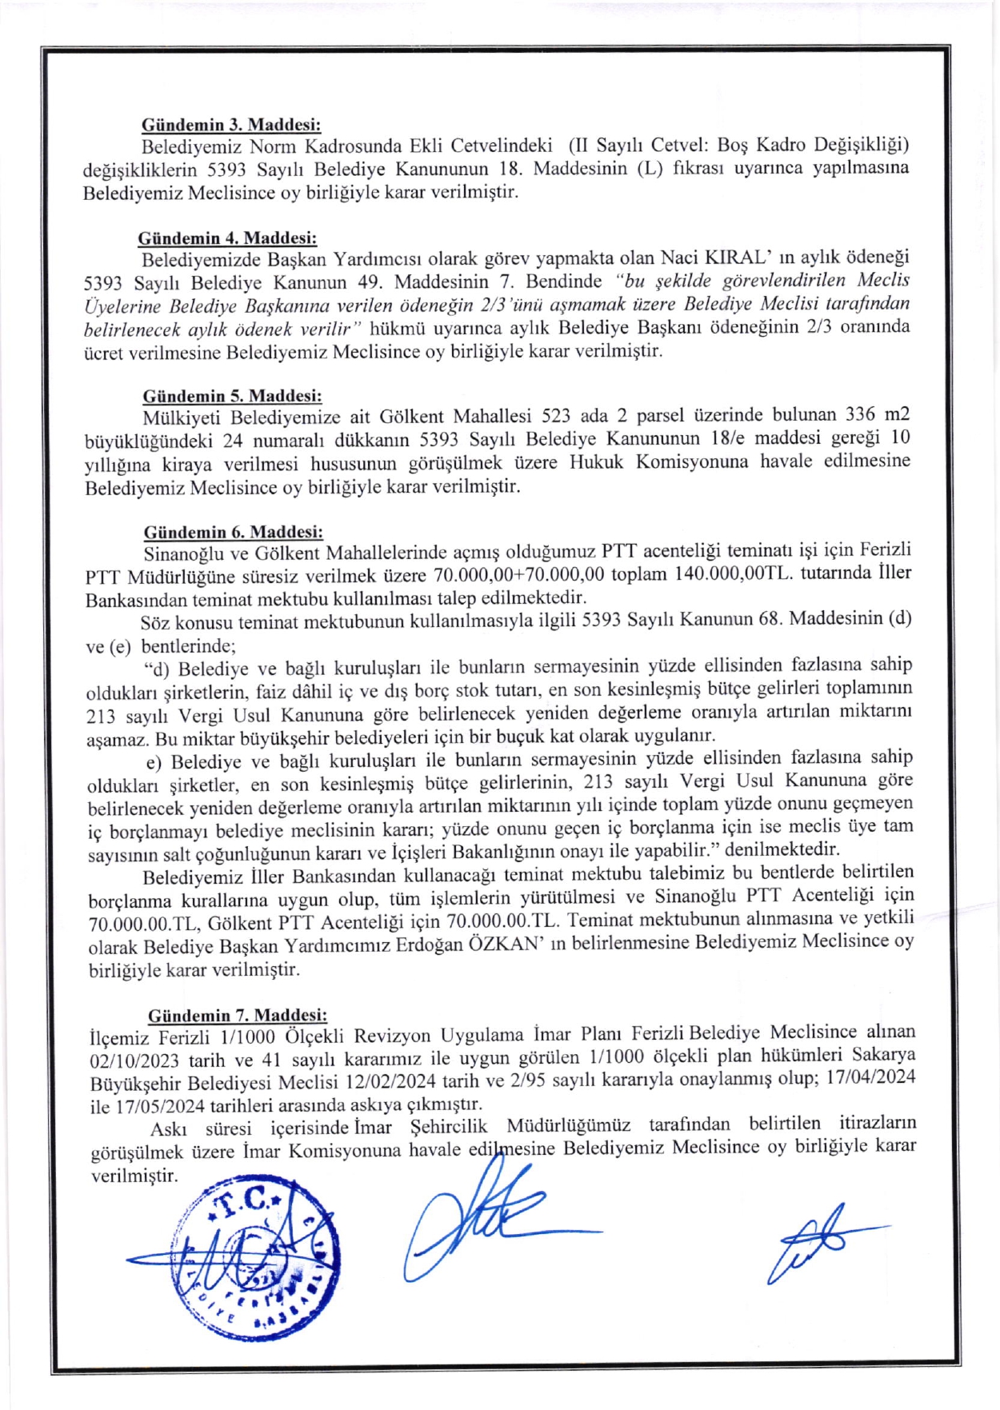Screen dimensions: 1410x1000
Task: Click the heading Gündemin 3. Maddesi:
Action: pyautogui.click(x=230, y=125)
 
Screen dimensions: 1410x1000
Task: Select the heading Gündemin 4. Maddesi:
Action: pyautogui.click(x=227, y=238)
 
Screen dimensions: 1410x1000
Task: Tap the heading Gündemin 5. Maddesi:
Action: pyautogui.click(x=232, y=396)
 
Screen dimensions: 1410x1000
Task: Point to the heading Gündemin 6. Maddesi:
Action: pyautogui.click(x=233, y=532)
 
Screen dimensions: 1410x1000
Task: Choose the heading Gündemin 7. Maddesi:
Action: pyautogui.click(x=238, y=1016)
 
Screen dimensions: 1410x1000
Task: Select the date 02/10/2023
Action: pyautogui.click(x=135, y=1061)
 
